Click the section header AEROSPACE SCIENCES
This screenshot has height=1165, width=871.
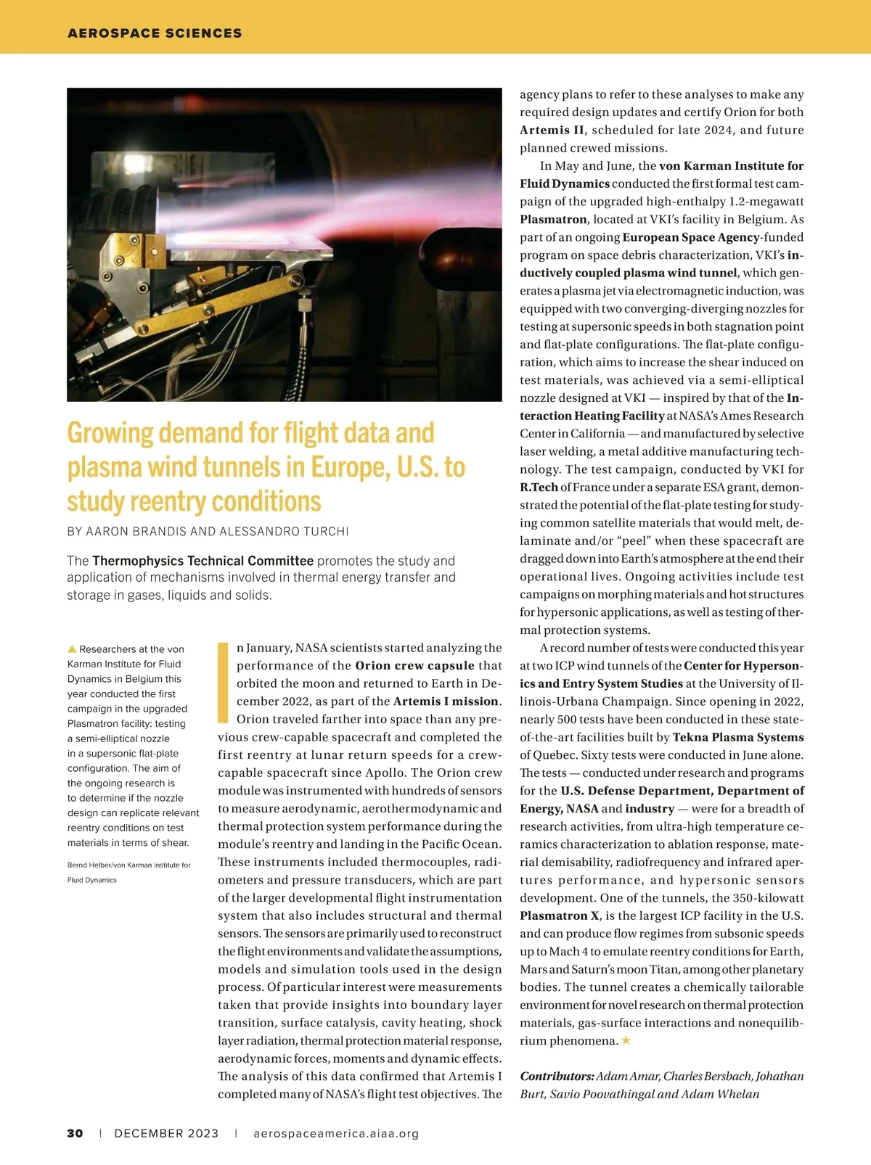tap(155, 33)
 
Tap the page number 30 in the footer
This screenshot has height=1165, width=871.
tap(75, 1133)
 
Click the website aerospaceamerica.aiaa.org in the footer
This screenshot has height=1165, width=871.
tap(336, 1133)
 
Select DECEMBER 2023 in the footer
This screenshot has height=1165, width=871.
tap(166, 1133)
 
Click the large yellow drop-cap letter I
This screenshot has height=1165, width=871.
tap(224, 681)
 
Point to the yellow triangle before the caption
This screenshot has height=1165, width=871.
tap(72, 649)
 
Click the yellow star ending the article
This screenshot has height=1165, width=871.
tap(626, 1040)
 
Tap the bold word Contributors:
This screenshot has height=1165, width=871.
tap(557, 1077)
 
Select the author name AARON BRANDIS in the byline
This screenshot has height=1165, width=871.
tap(136, 531)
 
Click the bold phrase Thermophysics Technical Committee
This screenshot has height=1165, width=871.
tap(203, 561)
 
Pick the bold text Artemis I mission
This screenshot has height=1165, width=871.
tap(446, 701)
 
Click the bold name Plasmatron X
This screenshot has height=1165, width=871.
tap(560, 915)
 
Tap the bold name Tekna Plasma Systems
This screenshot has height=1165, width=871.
tap(738, 737)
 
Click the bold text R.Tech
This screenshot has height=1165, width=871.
tap(539, 487)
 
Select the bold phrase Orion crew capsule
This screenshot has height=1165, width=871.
tap(414, 665)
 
